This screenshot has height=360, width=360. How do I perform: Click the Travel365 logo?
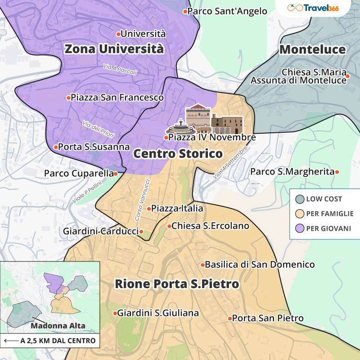(319, 8)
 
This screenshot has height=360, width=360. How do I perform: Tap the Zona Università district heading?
(113, 49)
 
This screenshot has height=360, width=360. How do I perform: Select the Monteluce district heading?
(312, 49)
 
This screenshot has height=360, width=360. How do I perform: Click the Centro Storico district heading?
(178, 154)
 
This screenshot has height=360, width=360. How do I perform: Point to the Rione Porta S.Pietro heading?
(177, 284)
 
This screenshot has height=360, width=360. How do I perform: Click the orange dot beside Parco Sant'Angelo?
(184, 11)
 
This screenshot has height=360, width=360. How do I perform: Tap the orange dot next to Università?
(118, 34)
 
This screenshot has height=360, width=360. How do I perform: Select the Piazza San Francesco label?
(117, 97)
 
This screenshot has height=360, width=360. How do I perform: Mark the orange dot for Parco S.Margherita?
(337, 171)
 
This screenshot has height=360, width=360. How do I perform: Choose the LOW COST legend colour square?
(300, 199)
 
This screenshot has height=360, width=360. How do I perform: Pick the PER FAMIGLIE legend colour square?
(300, 214)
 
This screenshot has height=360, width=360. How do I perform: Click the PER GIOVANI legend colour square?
(300, 229)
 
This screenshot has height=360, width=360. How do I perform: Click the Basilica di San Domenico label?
(260, 265)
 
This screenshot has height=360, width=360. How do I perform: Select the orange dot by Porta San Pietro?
(229, 318)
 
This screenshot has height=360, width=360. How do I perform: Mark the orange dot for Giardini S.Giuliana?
(115, 313)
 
